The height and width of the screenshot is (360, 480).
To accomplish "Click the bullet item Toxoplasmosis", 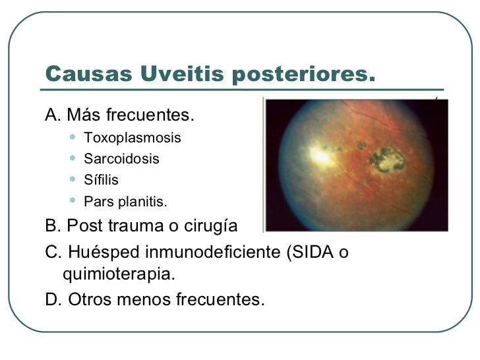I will [132, 138].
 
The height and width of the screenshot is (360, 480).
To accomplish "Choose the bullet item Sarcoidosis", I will [121, 159].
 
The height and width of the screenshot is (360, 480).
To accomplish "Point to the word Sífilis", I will [101, 179].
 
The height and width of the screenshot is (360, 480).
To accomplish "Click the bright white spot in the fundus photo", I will [319, 156].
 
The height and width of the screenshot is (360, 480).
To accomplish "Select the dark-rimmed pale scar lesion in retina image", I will [386, 158].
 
